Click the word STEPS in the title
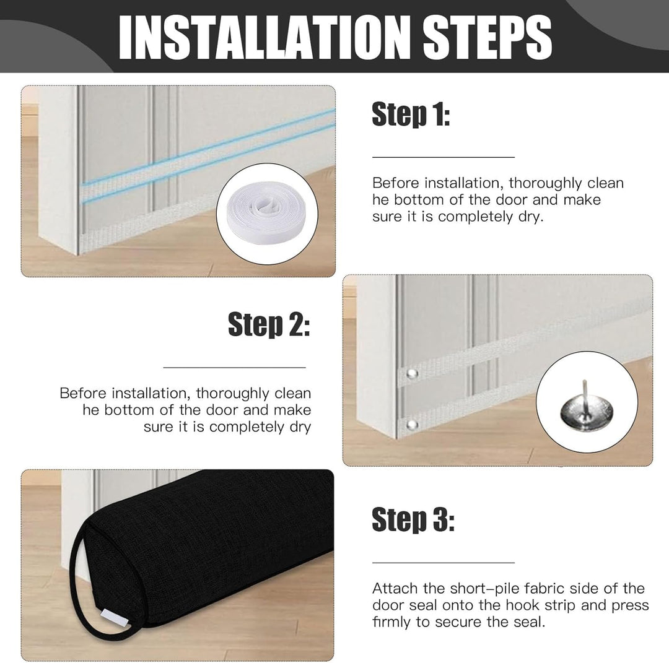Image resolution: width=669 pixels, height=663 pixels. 487,38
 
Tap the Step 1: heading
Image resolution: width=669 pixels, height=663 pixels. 411,115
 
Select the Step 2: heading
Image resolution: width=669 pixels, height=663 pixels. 269,324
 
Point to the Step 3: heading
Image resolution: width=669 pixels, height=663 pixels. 413,520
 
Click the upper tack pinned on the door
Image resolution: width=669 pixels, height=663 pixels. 412,374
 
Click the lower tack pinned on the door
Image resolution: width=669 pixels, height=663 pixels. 412,425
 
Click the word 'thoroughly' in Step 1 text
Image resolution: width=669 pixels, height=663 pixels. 545,183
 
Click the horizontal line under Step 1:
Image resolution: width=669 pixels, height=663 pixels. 444,157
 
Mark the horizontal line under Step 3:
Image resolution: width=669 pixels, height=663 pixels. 444,563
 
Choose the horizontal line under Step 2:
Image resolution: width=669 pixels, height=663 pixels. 234,367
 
